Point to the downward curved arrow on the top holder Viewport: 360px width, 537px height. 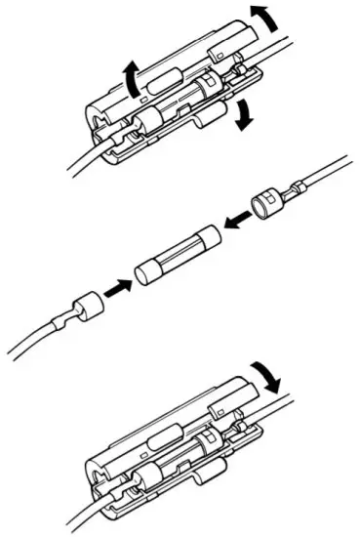coord(243,114)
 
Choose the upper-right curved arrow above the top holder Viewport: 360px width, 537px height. coord(262,17)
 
